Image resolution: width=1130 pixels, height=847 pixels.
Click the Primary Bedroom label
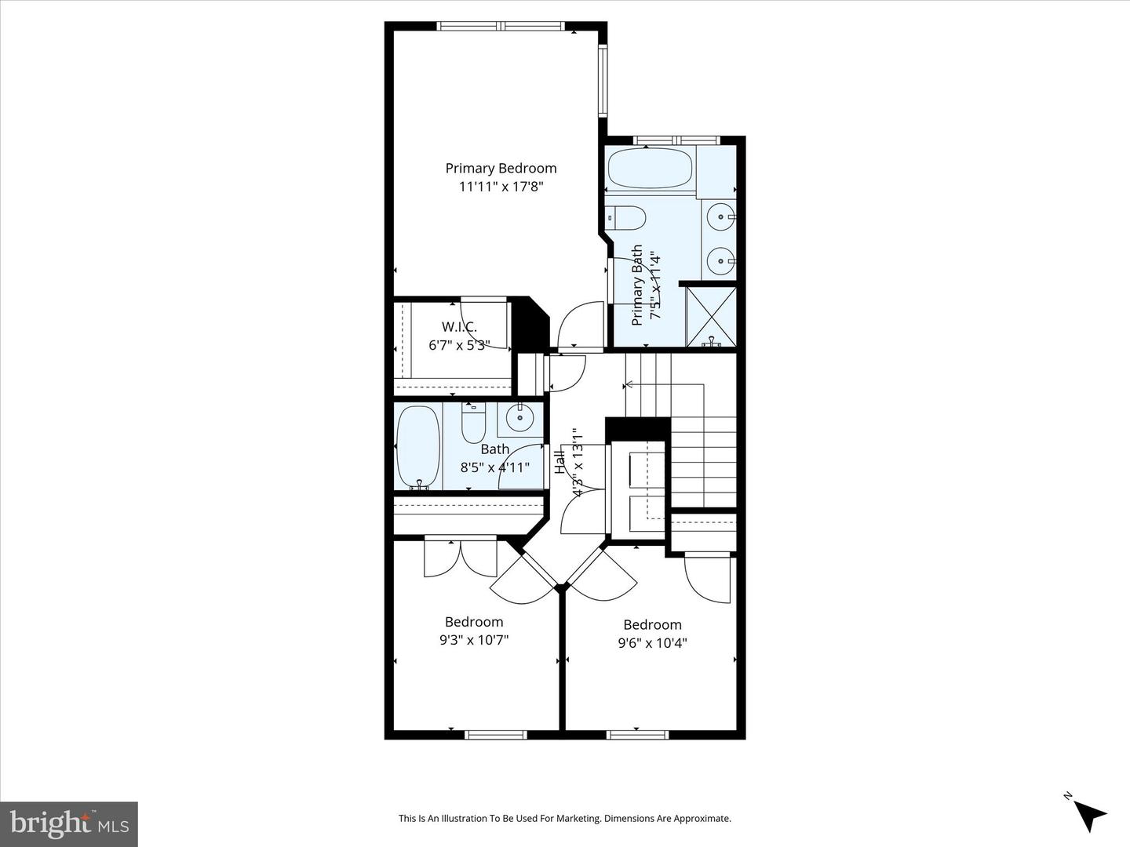coord(501,168)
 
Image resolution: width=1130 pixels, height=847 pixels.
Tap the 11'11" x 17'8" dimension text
coord(501,187)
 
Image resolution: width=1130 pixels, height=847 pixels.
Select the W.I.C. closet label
coord(459,326)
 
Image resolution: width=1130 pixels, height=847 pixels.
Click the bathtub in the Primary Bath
coord(650,169)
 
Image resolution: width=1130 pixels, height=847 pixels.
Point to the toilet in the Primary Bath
coord(627,217)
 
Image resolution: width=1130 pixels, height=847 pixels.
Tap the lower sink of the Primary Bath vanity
coord(720,260)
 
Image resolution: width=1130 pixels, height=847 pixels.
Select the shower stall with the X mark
coord(711,316)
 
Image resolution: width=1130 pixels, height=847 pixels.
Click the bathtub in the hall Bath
coord(417,446)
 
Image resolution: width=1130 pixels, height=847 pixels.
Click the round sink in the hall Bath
coord(519,418)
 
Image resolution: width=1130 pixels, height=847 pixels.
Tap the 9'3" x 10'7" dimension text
coord(474,640)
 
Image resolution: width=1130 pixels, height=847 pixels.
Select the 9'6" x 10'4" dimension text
coord(652,643)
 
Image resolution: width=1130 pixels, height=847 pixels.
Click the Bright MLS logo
coord(69,823)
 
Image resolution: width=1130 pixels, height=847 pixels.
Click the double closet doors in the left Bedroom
coord(461,557)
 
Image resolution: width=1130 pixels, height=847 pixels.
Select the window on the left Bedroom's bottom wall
coord(495,735)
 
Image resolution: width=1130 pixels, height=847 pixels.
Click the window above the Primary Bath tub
coord(676,140)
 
